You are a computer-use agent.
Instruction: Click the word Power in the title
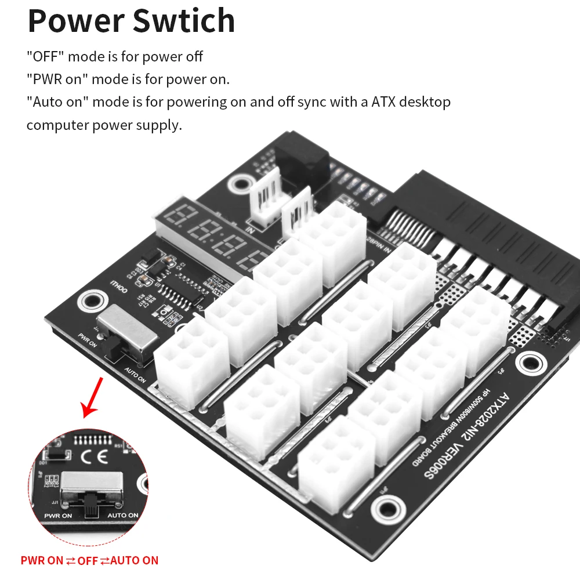[x=75, y=21]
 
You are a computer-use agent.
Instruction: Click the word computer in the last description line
[x=57, y=125]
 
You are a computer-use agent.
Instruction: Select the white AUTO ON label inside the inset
[x=123, y=515]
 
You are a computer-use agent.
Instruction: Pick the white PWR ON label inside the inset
[x=58, y=515]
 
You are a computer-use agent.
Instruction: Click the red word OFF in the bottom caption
[x=88, y=560]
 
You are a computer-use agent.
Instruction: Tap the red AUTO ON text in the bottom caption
[x=134, y=560]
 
